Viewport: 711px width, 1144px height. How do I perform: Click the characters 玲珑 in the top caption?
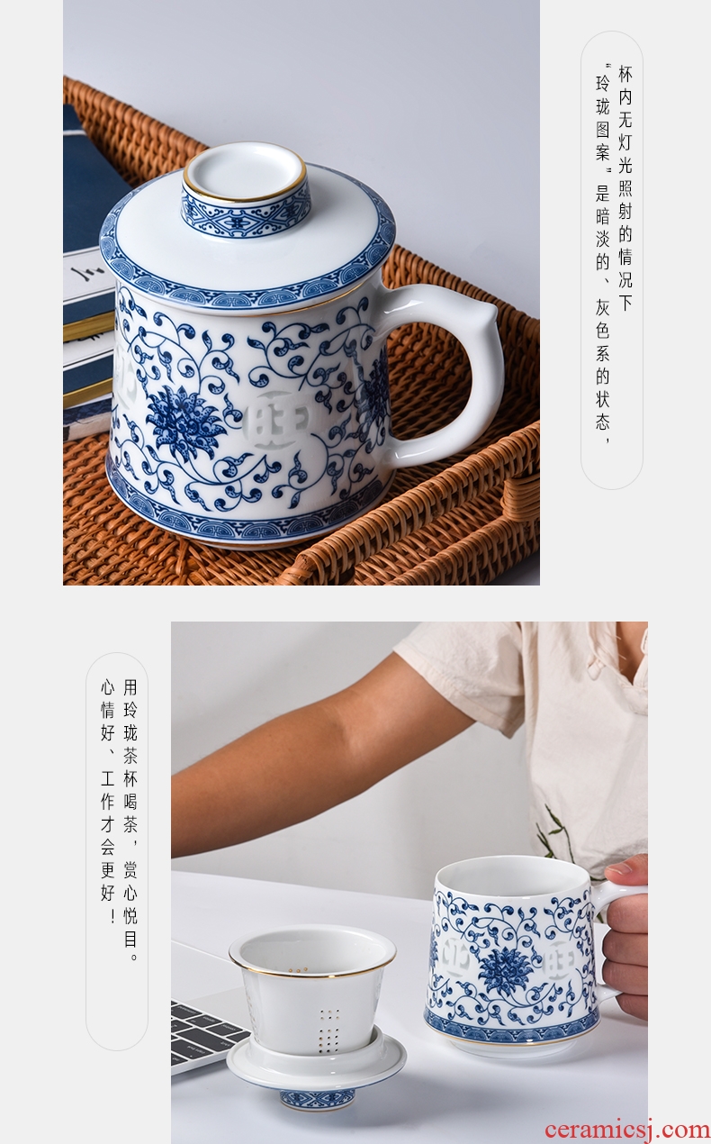click(x=603, y=95)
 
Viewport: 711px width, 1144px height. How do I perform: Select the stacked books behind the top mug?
click(x=89, y=276)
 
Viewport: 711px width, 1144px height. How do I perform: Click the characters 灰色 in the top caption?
click(x=603, y=320)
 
